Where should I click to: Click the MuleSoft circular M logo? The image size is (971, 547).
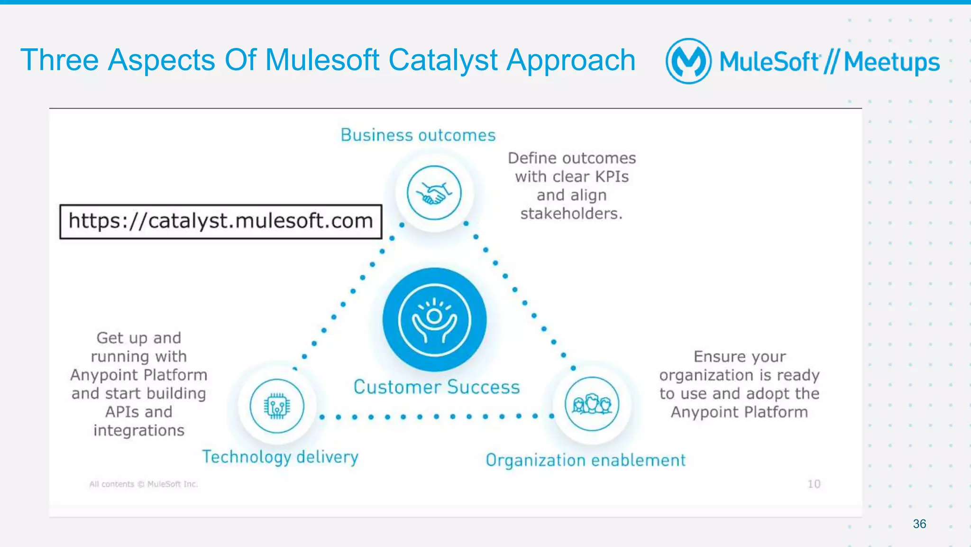click(688, 61)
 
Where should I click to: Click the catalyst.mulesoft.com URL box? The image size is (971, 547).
click(221, 222)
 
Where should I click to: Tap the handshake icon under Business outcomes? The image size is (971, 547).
click(434, 193)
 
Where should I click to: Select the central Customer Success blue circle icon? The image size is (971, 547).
click(434, 319)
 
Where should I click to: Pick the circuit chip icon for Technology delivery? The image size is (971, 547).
click(277, 406)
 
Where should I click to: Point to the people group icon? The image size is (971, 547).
click(592, 404)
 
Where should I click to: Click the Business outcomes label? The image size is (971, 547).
click(418, 135)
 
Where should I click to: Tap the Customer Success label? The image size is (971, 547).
click(437, 387)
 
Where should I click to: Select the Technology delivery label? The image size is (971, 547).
click(280, 457)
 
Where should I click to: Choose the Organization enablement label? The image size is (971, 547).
click(586, 460)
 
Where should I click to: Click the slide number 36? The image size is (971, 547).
click(919, 524)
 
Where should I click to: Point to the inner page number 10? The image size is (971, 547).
click(814, 484)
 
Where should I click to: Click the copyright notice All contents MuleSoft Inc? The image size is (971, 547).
click(143, 484)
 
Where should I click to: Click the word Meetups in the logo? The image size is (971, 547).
click(891, 62)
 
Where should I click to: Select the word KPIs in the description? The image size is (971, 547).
click(612, 176)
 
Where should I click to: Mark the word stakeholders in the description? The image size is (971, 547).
click(571, 213)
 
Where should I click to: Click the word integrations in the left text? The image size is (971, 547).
click(138, 430)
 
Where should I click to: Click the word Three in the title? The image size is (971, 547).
click(59, 61)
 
